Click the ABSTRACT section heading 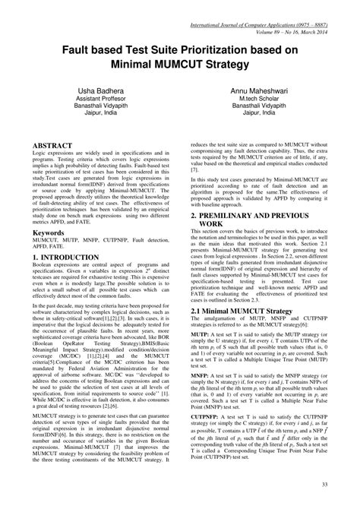(52, 144)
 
